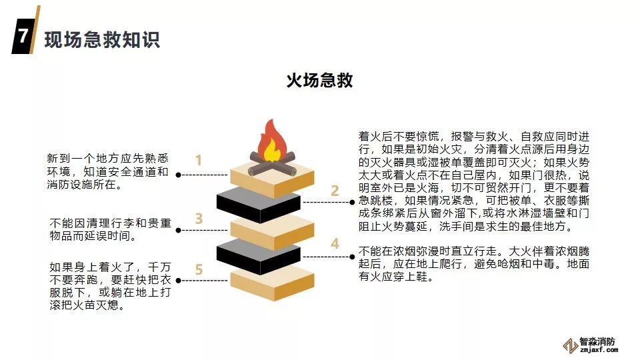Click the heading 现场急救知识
point(102,39)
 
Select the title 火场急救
point(319,81)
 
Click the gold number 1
point(199,160)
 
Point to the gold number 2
point(335,191)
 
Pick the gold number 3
point(199,218)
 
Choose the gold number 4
point(335,244)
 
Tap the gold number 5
point(199,269)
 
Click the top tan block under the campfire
point(271,175)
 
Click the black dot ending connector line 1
point(179,175)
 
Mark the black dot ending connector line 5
point(179,280)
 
